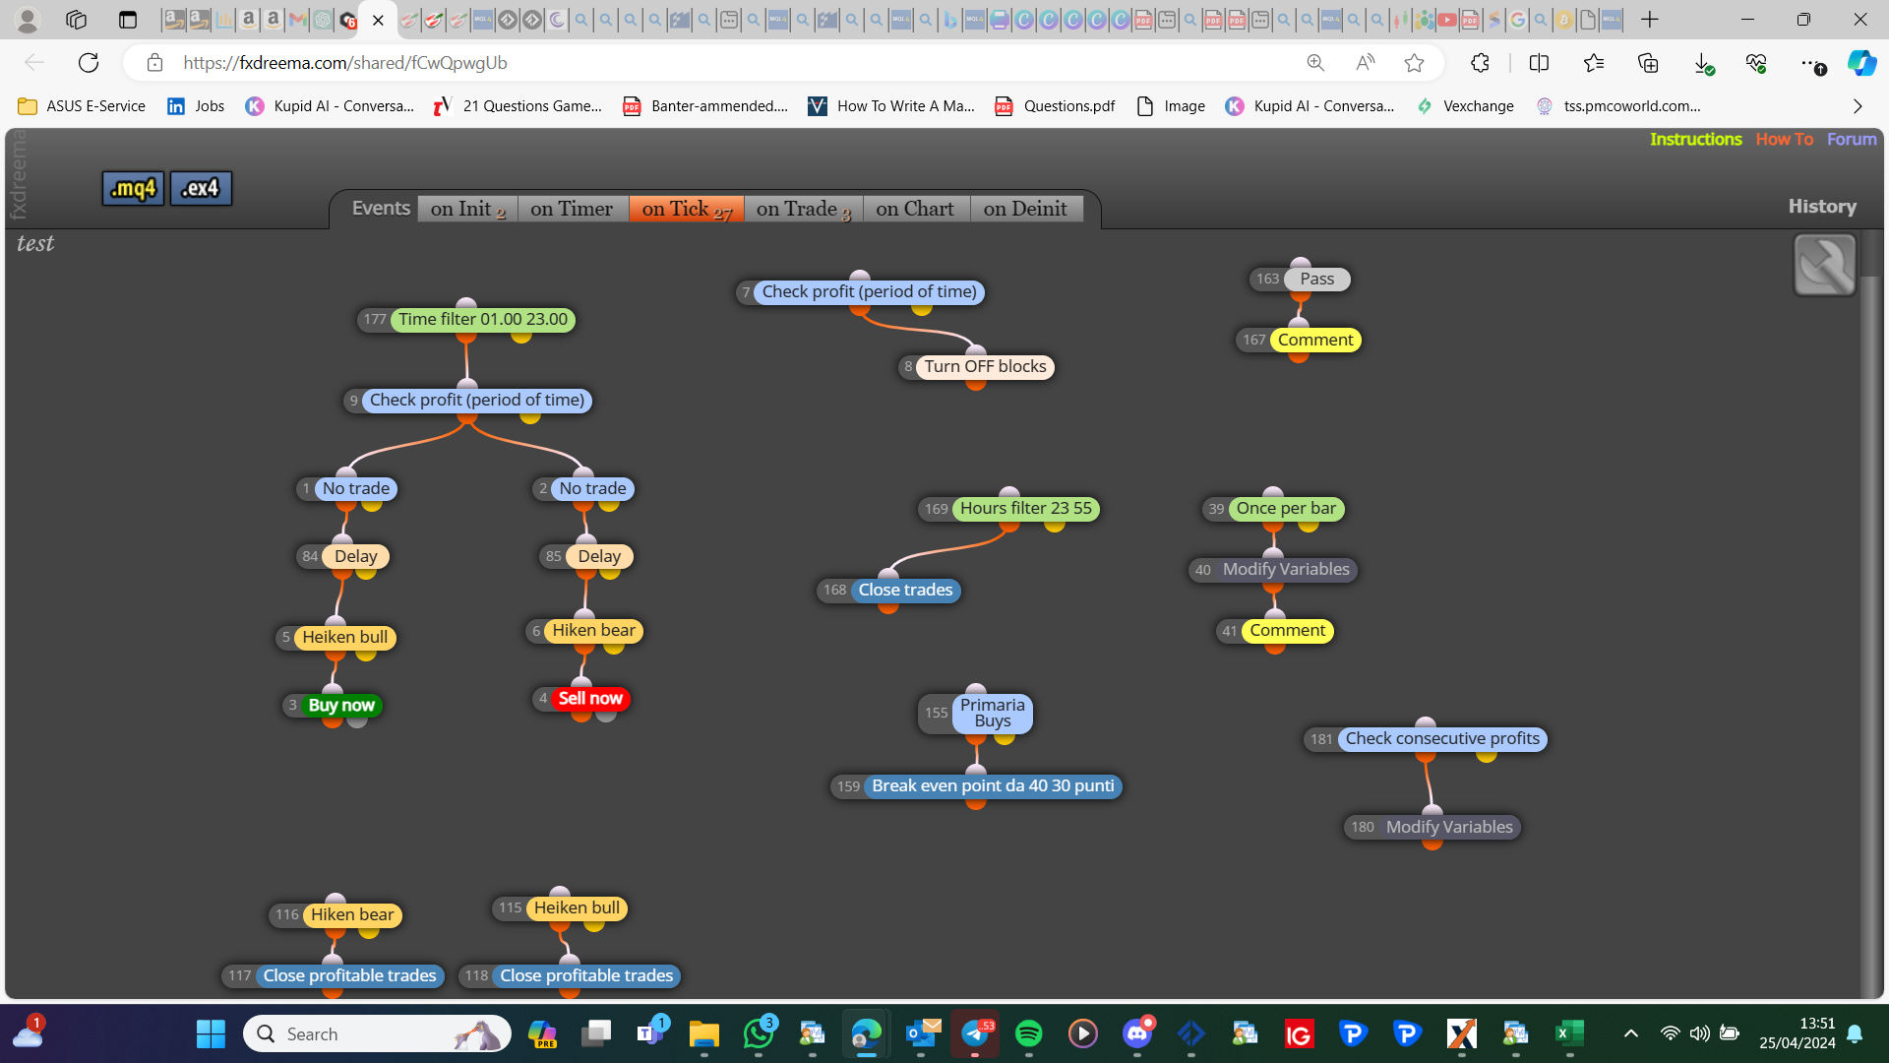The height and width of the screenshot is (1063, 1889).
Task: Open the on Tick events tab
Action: (x=687, y=209)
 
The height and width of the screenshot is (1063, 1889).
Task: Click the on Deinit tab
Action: (x=1025, y=209)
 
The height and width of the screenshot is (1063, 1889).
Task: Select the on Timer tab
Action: (x=572, y=209)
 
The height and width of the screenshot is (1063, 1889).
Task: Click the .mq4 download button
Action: (x=133, y=188)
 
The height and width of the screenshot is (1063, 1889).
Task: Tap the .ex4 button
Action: (x=201, y=188)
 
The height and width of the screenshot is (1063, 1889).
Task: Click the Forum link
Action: (x=1852, y=139)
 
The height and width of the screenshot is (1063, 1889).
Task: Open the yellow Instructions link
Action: (x=1696, y=139)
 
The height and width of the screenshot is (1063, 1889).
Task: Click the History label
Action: (x=1822, y=207)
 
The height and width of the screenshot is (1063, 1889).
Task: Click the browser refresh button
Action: (x=89, y=63)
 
